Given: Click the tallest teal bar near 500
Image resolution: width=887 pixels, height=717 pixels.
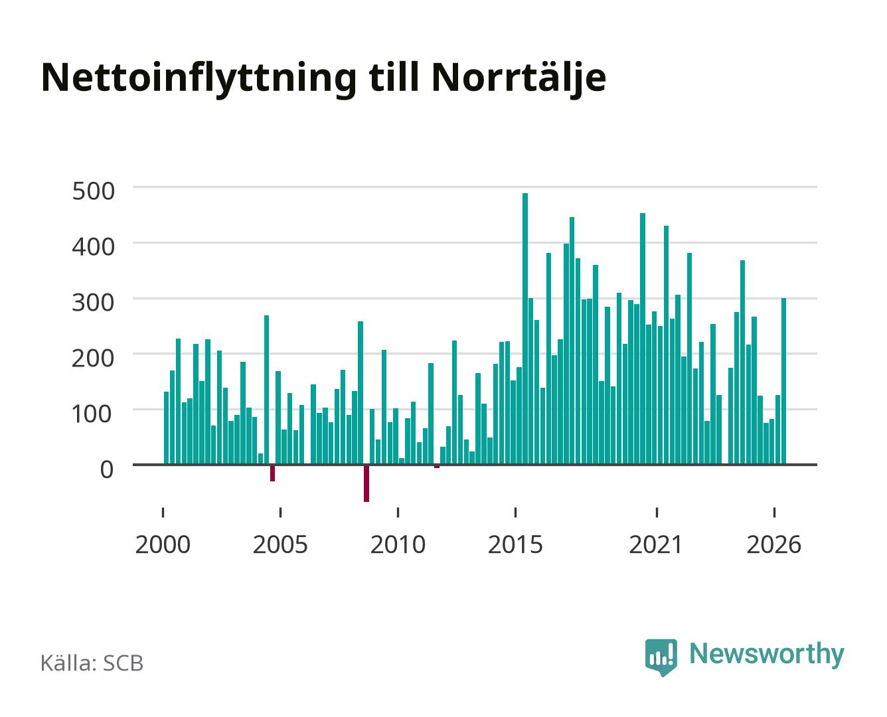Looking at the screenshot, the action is coord(525,329).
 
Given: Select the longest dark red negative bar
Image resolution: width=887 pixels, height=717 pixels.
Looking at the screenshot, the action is coord(366,483).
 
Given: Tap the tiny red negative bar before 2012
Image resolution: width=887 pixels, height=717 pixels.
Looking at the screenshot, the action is coord(437,466).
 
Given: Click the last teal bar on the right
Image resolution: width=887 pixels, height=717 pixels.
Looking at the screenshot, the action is coord(783,381).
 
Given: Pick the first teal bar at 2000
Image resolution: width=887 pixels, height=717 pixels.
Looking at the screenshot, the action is coord(167,428).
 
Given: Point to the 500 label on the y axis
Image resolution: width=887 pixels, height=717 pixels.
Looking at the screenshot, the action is coord(93,191).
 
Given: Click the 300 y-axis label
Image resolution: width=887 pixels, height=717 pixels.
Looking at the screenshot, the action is coord(93,302).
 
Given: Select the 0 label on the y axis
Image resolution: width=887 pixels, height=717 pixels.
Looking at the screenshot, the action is coord(107,469).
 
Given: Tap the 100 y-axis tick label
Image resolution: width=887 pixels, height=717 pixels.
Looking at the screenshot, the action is coord(92,414).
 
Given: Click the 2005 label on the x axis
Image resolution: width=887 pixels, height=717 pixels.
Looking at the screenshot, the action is coord(280,544).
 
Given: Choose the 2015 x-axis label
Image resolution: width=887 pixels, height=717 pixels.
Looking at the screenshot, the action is coord(516,544).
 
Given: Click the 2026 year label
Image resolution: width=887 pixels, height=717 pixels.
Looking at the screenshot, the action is coord(774,544).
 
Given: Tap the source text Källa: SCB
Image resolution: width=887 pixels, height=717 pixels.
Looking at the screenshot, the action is coord(92,663).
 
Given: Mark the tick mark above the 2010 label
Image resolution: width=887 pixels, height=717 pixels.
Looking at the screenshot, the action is coord(398,512).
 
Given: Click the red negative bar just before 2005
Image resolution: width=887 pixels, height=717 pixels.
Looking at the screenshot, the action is coord(273,473).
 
